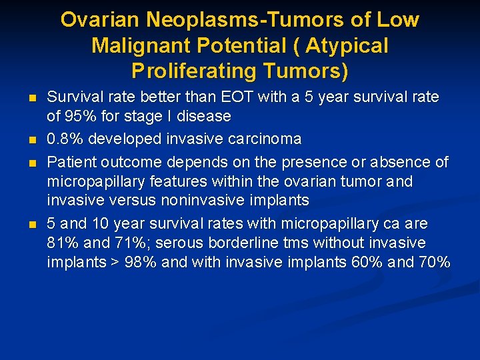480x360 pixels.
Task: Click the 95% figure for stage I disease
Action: (79, 117)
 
